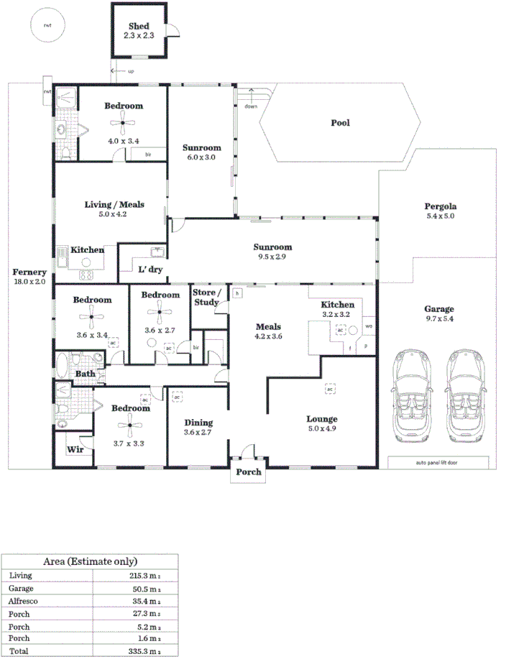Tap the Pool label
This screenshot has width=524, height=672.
pyautogui.click(x=340, y=123)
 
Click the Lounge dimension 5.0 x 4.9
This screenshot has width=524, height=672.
pyautogui.click(x=321, y=429)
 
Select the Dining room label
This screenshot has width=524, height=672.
pyautogui.click(x=198, y=423)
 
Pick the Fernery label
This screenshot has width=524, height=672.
pyautogui.click(x=29, y=272)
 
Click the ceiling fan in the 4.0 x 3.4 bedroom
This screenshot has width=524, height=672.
pyautogui.click(x=124, y=124)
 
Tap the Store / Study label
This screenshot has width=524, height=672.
pyautogui.click(x=206, y=298)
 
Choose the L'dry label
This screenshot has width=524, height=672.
pyautogui.click(x=150, y=270)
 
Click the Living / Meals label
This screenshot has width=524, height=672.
pyautogui.click(x=115, y=204)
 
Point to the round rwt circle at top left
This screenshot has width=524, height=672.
pyautogui.click(x=47, y=25)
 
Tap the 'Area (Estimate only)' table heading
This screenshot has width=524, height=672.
pyautogui.click(x=90, y=561)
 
